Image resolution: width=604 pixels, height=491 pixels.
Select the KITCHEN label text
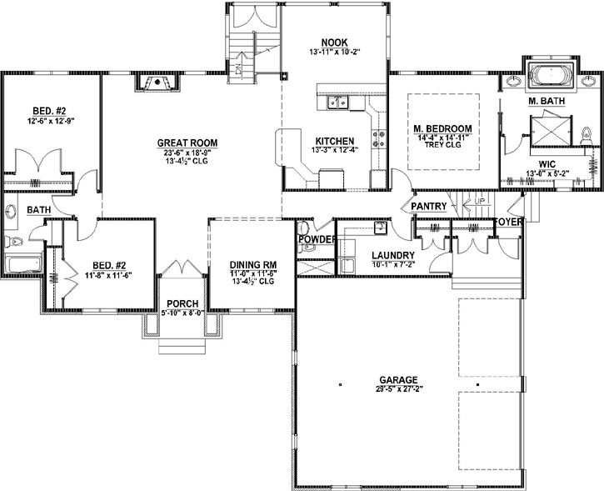(x=335, y=140)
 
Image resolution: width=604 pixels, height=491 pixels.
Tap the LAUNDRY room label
(x=387, y=256)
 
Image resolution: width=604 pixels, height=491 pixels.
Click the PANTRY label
(x=429, y=206)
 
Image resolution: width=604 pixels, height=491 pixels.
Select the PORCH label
(x=182, y=303)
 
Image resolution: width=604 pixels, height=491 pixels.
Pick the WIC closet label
(x=547, y=164)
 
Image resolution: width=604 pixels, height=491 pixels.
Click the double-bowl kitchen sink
(x=337, y=103)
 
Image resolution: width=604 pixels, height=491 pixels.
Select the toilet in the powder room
(x=304, y=227)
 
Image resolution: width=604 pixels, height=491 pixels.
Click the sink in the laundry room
(x=381, y=227)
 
